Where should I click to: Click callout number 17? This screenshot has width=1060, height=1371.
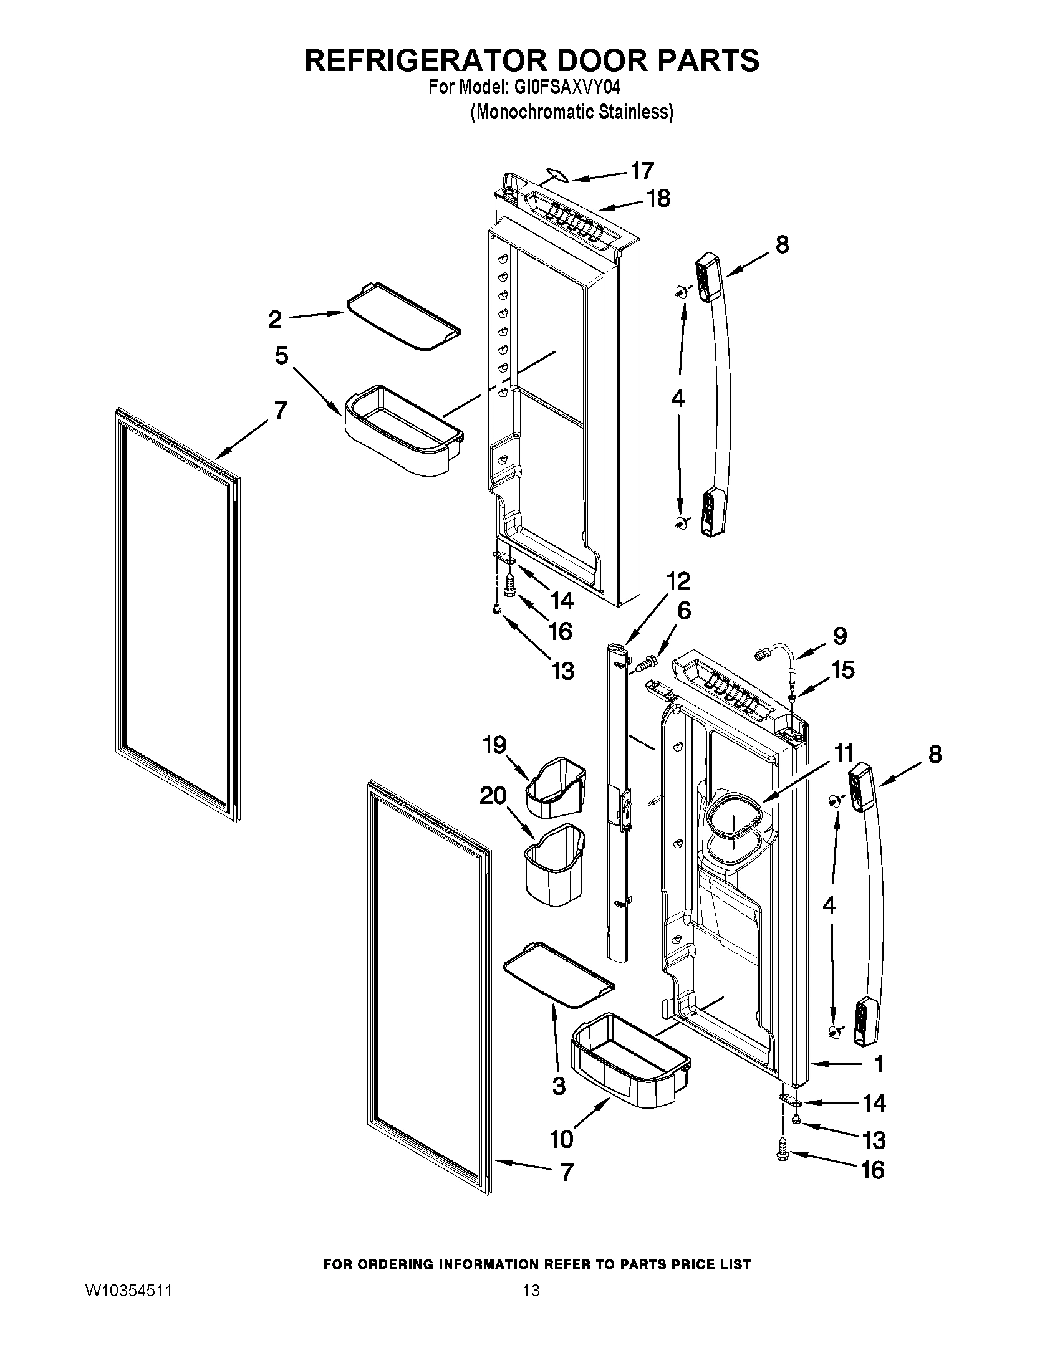pos(642,171)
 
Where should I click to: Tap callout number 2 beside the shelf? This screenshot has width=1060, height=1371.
pos(275,320)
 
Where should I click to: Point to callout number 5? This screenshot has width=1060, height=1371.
pos(281,356)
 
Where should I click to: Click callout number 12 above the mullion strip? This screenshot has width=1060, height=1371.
pos(678,581)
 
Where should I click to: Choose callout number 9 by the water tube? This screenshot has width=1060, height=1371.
pos(841,636)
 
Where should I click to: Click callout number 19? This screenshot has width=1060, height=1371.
pos(494,745)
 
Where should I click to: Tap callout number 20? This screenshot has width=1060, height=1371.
pos(493,796)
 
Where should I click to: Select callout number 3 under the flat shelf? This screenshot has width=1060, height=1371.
pos(559,1086)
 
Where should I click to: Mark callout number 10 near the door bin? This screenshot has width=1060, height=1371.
pos(561,1138)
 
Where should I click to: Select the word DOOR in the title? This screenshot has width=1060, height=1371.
pos(587,60)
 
